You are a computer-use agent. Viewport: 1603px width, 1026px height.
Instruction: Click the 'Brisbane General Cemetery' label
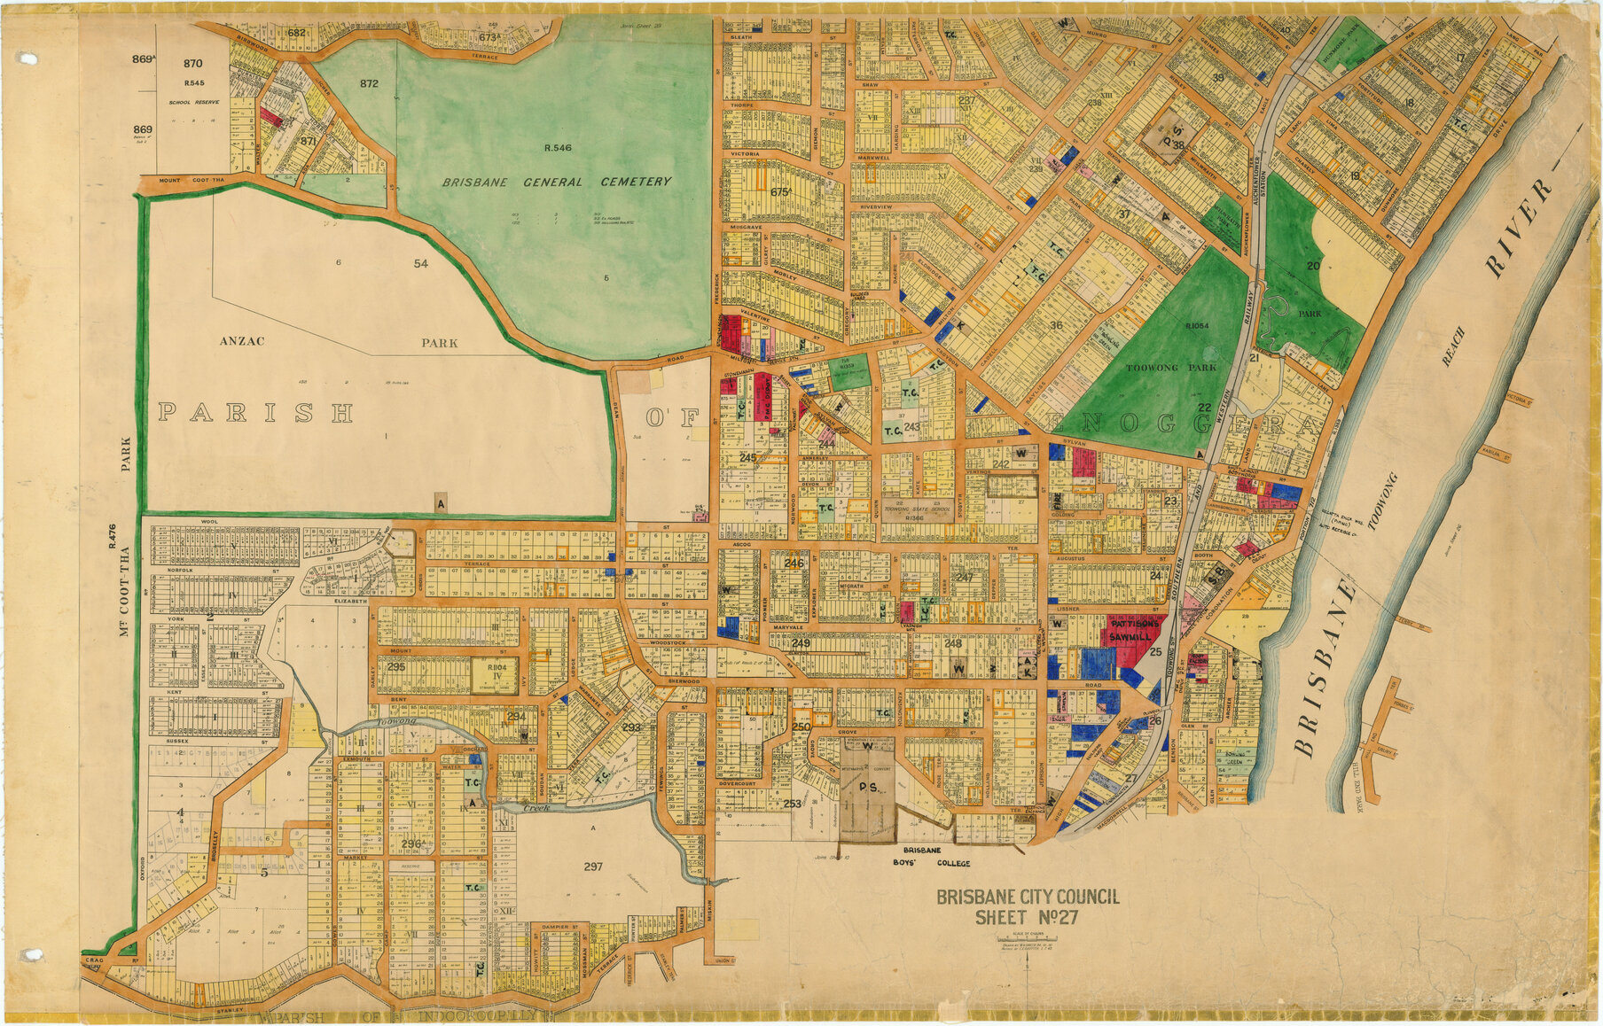[557, 182]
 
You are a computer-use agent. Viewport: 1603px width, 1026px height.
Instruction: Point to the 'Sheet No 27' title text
[1027, 918]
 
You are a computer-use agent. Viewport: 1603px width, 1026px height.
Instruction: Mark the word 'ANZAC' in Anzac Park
[242, 341]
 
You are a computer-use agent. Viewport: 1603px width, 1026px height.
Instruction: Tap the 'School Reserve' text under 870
[193, 103]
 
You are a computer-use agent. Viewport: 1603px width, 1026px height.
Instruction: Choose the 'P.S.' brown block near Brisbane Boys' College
[867, 788]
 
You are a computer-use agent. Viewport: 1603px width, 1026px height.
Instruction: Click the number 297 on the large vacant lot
[593, 867]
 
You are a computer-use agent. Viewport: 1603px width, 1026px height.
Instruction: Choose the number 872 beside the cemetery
[369, 84]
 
